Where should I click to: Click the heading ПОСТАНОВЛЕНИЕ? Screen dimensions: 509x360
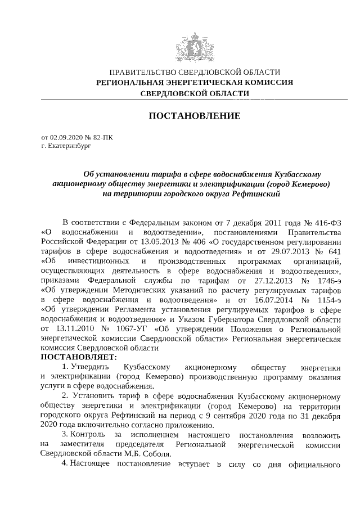[194, 116]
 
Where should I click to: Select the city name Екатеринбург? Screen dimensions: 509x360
[70, 146]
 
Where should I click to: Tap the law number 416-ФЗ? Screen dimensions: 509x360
[325, 222]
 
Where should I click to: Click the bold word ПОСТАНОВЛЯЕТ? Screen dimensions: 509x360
[78, 357]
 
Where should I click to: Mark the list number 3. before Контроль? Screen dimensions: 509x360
[65, 435]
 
